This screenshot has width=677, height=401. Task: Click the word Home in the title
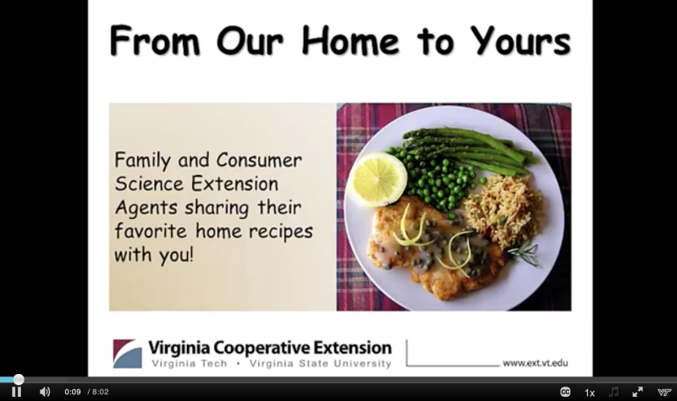click(350, 41)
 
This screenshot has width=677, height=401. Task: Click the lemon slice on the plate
click(377, 179)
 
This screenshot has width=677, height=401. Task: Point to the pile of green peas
click(436, 179)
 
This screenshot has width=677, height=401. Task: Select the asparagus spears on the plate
click(471, 149)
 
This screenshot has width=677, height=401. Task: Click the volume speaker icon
click(45, 392)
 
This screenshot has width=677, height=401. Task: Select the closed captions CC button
click(565, 392)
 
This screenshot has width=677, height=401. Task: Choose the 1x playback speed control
click(589, 393)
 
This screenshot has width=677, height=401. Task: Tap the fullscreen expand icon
click(637, 392)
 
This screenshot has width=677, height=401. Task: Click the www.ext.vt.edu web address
click(536, 363)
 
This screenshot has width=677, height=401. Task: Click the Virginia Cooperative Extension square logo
click(128, 354)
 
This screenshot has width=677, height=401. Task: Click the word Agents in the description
click(146, 208)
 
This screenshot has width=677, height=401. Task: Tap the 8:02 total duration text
click(100, 392)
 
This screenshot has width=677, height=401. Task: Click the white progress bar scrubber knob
click(19, 379)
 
